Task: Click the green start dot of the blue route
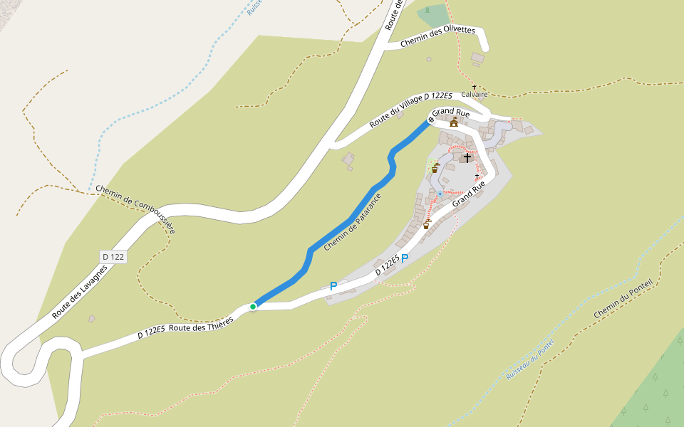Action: tap(253, 307)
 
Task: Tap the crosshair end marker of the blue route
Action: tap(431, 119)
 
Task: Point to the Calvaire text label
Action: tap(475, 94)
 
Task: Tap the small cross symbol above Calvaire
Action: tap(474, 87)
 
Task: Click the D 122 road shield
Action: tap(113, 257)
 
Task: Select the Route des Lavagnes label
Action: tap(80, 292)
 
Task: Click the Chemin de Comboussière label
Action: tap(135, 209)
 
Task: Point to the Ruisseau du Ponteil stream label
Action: tap(529, 360)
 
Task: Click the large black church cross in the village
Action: tap(467, 157)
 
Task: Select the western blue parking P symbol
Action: tap(333, 286)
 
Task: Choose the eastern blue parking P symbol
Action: tap(405, 259)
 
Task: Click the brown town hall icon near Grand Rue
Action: tap(453, 122)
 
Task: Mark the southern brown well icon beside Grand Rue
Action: tap(427, 225)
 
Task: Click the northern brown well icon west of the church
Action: tap(435, 169)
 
